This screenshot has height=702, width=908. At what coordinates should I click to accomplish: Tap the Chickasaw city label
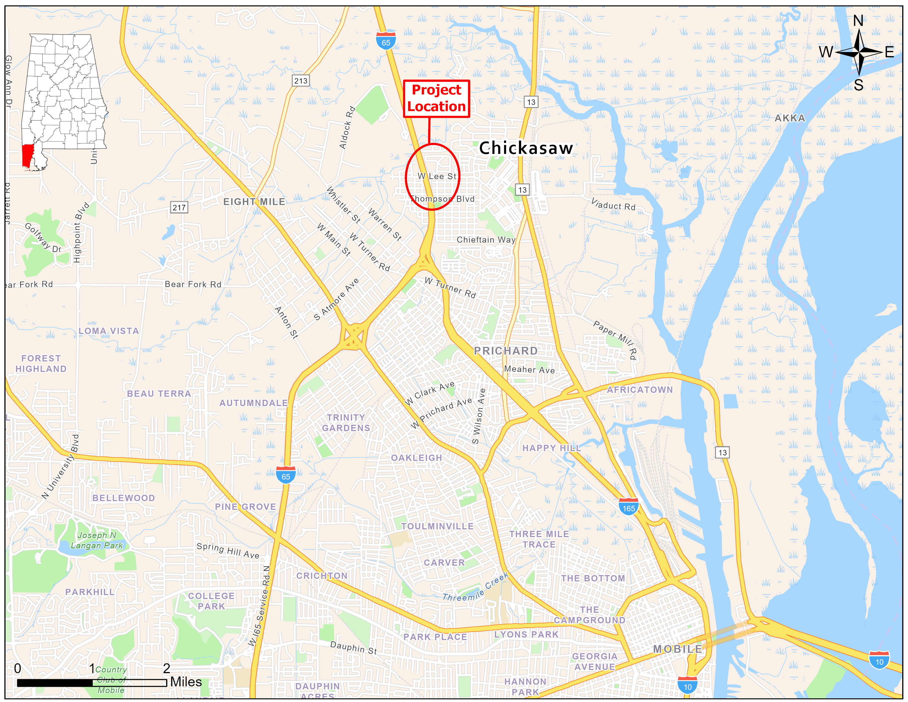coord(526,148)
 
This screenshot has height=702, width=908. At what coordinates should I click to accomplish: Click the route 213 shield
coord(300,81)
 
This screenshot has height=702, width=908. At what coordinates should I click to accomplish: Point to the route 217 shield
coord(179,207)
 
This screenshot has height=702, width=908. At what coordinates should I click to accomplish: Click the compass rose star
coord(859,52)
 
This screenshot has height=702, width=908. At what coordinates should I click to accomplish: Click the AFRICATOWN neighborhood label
coord(639,390)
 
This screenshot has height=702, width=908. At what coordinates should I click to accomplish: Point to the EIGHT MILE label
coord(254,202)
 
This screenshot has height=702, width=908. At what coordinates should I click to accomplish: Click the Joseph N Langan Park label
coord(97,540)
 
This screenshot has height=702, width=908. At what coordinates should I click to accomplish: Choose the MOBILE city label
coord(677,649)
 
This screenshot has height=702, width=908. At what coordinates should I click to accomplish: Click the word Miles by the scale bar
coord(186,682)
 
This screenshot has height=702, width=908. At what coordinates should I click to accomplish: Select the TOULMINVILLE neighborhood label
coord(437,526)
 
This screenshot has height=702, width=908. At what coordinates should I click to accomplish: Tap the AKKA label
coord(789,118)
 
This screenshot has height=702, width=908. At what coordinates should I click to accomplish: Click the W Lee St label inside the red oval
coord(437,176)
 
